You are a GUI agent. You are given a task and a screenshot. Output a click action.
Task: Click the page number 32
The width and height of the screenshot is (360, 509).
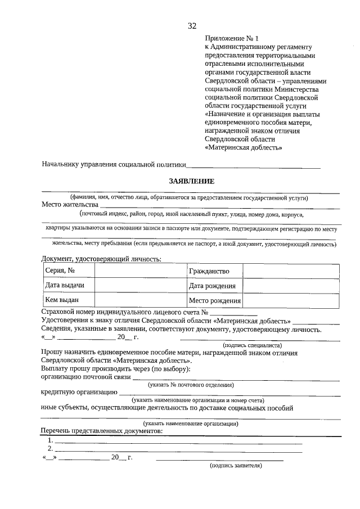tap(192, 26)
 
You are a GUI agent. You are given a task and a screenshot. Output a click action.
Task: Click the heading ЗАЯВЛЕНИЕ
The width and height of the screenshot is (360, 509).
tap(192, 181)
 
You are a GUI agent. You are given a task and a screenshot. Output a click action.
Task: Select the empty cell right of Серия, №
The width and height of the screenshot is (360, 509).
tap(140, 271)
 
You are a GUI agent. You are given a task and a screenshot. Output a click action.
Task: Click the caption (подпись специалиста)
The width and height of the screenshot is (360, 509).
tap(253, 345)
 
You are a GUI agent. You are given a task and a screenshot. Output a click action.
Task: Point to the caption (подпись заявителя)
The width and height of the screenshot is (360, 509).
tap(236, 466)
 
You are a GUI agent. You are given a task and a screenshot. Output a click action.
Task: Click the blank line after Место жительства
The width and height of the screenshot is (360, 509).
tap(219, 206)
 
